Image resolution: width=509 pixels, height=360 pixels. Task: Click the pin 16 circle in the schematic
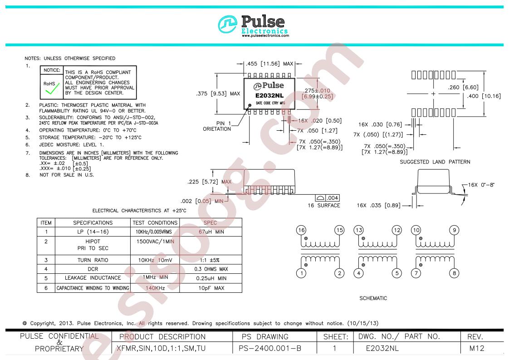click(x=301, y=230)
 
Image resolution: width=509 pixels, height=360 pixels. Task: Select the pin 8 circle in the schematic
click(x=454, y=273)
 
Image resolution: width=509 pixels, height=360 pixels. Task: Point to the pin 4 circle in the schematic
click(x=358, y=273)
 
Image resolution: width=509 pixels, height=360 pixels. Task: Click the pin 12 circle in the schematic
click(x=396, y=230)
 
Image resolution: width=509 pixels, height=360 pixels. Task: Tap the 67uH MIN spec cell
click(x=211, y=232)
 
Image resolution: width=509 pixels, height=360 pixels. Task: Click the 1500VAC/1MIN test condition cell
click(x=155, y=242)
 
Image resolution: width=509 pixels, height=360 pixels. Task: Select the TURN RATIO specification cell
click(x=93, y=260)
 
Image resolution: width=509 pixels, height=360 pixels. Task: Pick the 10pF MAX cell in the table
click(x=211, y=288)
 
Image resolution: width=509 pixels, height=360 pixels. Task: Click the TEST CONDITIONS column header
click(x=155, y=222)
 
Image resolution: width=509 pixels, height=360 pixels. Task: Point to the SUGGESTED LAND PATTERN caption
click(x=435, y=162)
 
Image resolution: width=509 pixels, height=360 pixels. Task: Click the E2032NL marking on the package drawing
click(x=269, y=95)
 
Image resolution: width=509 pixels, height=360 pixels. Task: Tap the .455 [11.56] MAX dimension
click(x=269, y=64)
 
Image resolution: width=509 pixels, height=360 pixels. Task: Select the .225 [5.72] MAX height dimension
click(x=210, y=182)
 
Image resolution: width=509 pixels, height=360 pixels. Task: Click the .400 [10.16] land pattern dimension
click(x=484, y=96)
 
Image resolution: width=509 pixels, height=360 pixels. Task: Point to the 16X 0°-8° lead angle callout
click(x=481, y=185)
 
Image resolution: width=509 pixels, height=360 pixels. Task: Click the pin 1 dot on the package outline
click(x=250, y=105)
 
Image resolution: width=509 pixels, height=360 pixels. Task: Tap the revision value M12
click(x=476, y=348)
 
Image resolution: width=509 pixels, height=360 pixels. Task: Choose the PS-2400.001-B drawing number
click(x=270, y=348)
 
